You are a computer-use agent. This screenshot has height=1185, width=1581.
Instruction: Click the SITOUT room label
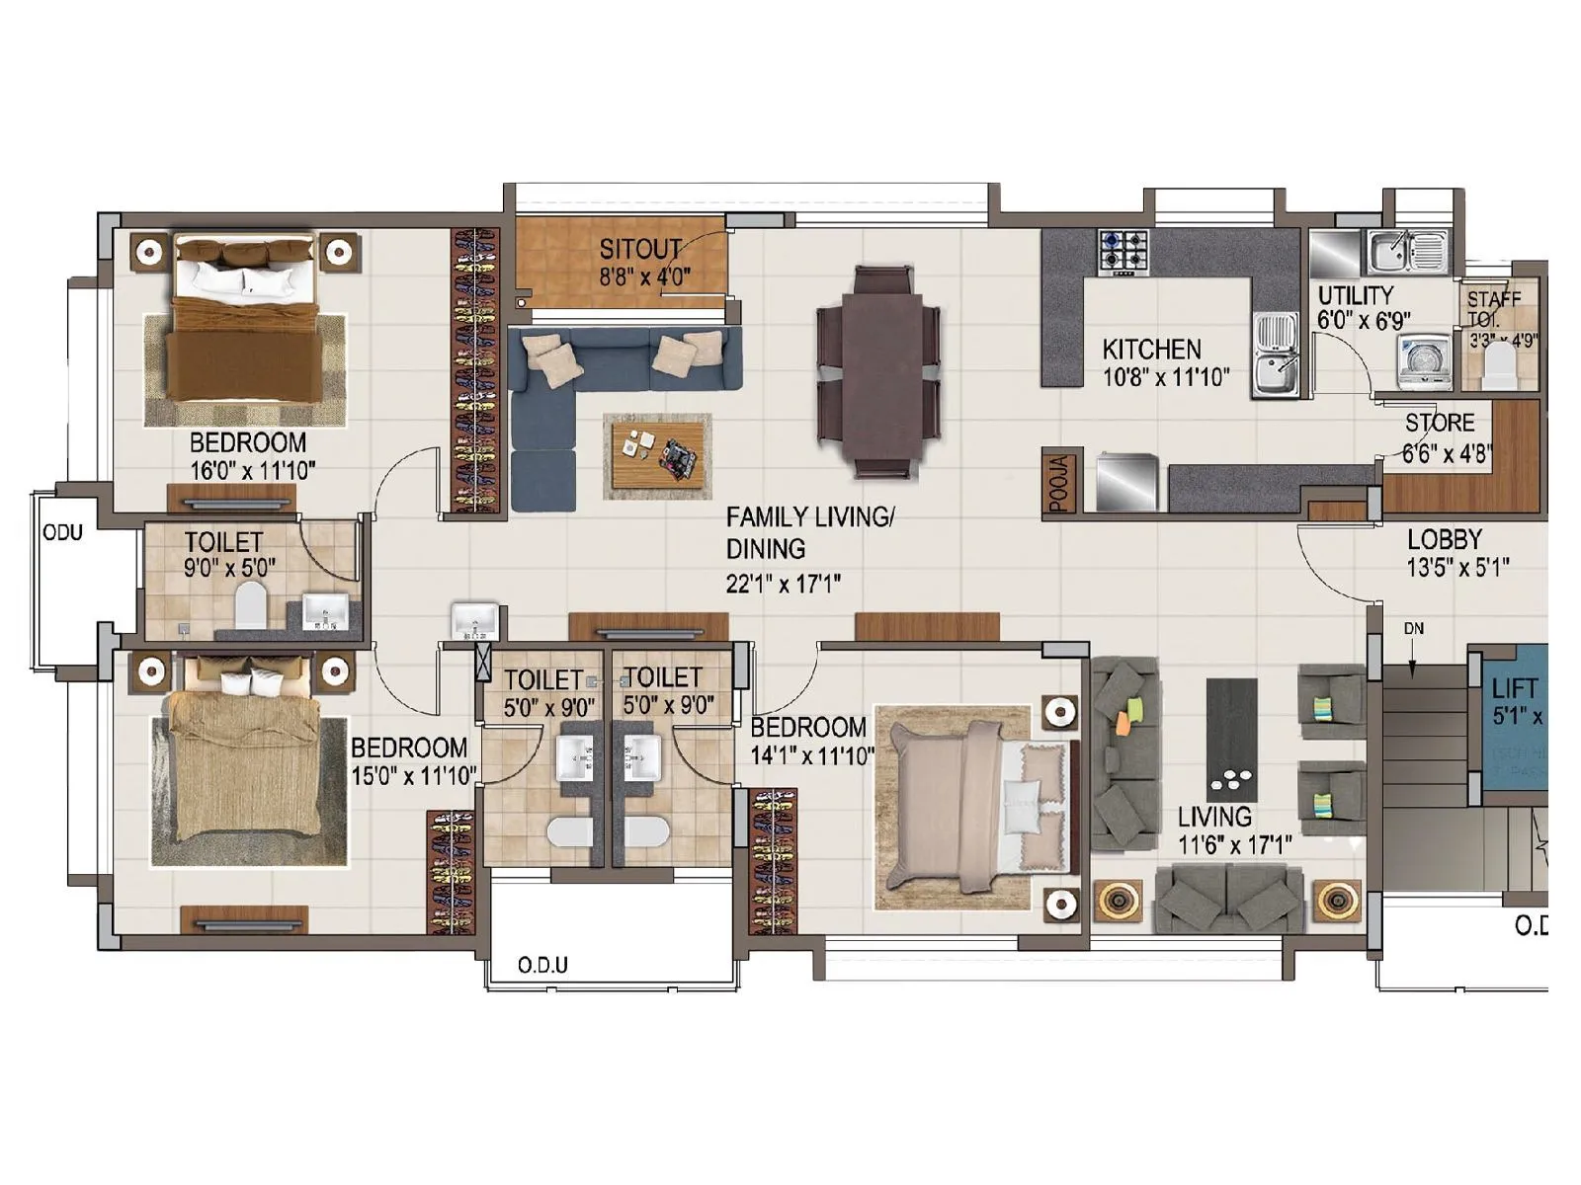click(640, 248)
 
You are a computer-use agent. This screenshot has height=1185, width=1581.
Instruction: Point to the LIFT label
click(1514, 688)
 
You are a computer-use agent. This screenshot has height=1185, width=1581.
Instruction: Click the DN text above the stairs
click(1413, 629)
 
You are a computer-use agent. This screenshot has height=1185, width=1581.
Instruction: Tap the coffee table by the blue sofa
click(657, 455)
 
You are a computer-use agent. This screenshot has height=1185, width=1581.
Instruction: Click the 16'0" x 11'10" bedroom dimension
click(252, 471)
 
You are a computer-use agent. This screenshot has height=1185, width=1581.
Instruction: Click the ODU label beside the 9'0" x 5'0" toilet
click(62, 533)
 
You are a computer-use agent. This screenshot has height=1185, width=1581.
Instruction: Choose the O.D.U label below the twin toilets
click(542, 965)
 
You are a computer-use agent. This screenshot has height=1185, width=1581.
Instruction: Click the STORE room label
click(1440, 423)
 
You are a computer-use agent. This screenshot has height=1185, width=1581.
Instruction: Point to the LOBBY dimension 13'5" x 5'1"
click(1457, 568)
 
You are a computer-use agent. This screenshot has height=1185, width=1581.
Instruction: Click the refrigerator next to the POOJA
click(1125, 482)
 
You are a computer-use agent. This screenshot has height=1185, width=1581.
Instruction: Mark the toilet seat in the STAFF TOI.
click(1500, 365)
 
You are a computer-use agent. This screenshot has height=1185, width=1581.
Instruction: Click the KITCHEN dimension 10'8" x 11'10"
click(1165, 376)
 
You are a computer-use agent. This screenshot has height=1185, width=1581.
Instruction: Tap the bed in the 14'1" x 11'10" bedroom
click(973, 805)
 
